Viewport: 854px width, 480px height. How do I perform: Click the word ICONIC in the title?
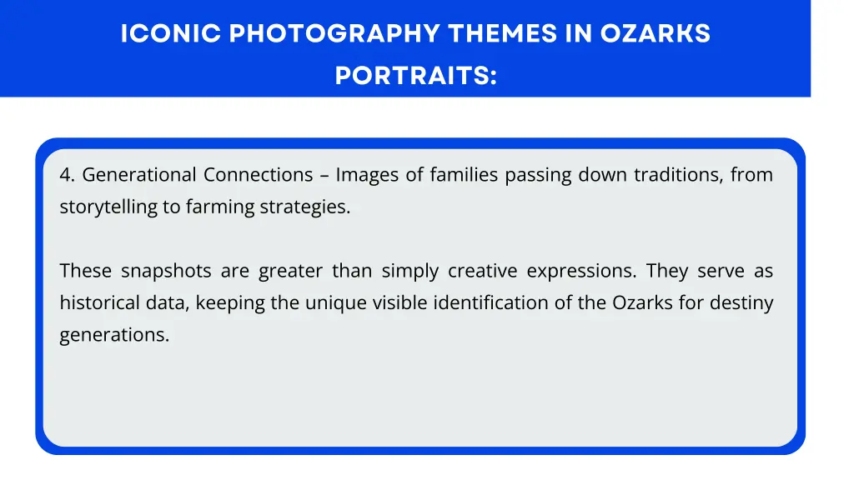coord(171,34)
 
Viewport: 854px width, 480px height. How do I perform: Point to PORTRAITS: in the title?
coord(415,76)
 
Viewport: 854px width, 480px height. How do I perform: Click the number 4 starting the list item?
coord(66,175)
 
